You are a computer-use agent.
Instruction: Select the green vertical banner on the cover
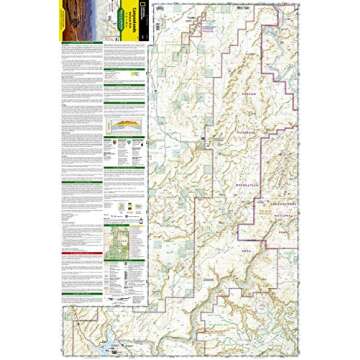point(129,27)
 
